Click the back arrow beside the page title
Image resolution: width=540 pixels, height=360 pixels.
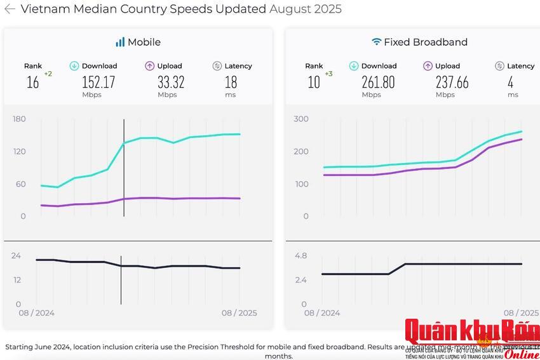(x=10, y=9)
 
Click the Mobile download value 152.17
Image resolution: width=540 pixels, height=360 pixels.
(x=98, y=82)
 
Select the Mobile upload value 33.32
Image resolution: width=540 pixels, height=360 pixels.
(x=171, y=82)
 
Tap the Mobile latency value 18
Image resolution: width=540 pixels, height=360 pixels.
(x=231, y=82)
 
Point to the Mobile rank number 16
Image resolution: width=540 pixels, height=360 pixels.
(x=32, y=82)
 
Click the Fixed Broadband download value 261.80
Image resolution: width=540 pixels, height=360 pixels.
(x=378, y=82)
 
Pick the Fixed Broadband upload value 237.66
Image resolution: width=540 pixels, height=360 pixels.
(x=452, y=82)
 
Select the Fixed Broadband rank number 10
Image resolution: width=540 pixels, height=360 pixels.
(x=314, y=82)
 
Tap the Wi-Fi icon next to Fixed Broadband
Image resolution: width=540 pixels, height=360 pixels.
(x=376, y=42)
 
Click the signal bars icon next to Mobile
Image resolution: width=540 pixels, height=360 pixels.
(x=120, y=42)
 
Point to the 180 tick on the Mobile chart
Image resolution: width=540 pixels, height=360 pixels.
(x=19, y=119)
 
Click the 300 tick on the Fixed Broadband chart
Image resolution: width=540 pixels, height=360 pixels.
(x=300, y=119)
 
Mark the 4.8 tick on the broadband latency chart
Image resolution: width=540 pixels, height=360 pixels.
(x=300, y=255)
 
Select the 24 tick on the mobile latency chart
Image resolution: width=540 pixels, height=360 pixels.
(x=16, y=255)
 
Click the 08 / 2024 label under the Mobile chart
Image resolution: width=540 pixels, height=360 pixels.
(x=36, y=313)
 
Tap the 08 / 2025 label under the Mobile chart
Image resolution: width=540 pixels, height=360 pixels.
(x=239, y=313)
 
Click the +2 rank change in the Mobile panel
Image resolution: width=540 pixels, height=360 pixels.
(x=48, y=74)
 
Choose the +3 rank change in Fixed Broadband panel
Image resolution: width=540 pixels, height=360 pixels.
(x=328, y=74)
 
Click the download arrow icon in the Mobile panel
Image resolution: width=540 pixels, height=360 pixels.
(x=74, y=65)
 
